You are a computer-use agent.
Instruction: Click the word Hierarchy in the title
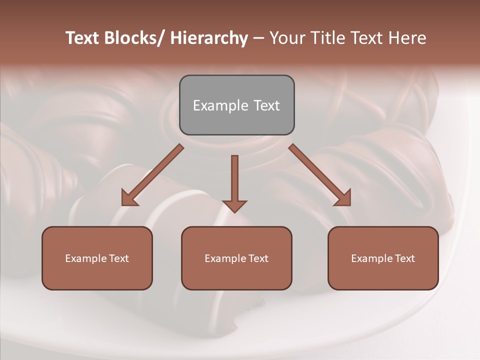point(209,38)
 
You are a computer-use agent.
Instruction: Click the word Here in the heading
point(408,38)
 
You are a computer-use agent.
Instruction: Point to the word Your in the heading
point(286,38)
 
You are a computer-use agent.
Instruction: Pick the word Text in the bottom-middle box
point(258,258)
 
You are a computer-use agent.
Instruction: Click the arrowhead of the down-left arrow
point(129,198)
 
